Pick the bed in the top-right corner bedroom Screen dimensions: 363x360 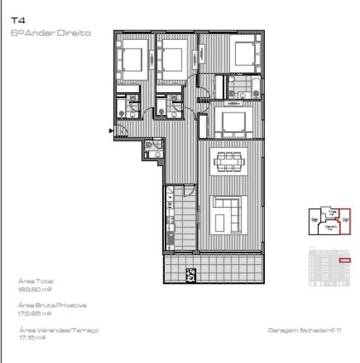[245, 52]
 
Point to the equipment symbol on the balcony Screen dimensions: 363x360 [191, 274]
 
